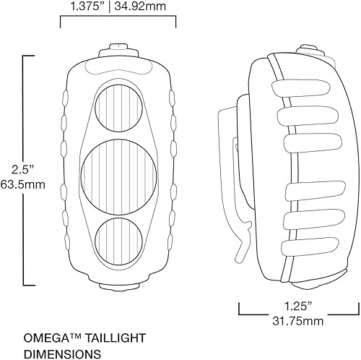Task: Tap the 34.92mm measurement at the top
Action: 149,7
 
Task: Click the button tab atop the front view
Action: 117,49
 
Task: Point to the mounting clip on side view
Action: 232,166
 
